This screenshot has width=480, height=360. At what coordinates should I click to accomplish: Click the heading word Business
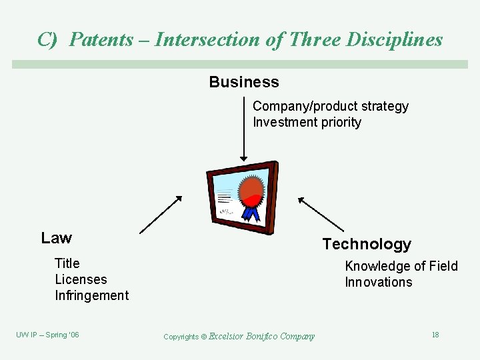point(243,82)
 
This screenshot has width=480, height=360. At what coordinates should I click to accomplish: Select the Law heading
point(57,238)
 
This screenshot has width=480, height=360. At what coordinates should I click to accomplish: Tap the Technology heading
point(367,244)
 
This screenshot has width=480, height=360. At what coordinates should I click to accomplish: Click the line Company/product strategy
point(330,106)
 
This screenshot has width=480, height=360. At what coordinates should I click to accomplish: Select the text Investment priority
point(307,122)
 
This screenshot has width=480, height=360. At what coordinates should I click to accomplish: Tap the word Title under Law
point(67,263)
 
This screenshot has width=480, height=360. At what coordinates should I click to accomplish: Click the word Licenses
point(81,279)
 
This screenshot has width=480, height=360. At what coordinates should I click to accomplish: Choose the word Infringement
point(91,295)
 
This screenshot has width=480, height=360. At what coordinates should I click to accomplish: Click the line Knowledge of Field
point(401,266)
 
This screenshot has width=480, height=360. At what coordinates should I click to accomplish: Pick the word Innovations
point(378,282)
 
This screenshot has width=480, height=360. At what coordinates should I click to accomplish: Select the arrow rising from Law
point(161,215)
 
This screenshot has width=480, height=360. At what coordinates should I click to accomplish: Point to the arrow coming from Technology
point(321,214)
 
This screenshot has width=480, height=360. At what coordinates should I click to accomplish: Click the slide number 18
point(435,335)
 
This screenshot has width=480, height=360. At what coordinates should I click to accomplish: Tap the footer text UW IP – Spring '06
point(47,335)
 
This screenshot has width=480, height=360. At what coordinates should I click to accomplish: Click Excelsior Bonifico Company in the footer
point(261,336)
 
